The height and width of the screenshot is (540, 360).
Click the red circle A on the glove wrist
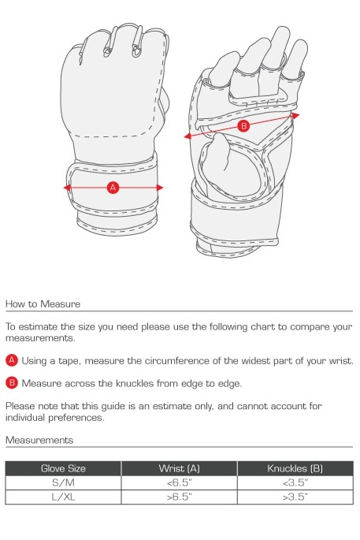(113, 187)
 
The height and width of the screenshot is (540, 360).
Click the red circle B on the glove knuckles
(243, 126)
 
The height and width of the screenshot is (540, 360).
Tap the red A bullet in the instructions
(12, 360)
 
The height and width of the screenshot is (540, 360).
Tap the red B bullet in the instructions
(12, 383)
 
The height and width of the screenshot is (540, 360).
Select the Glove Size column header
(63, 468)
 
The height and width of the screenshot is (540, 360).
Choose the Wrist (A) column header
(180, 468)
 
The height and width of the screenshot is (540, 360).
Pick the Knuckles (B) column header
(295, 468)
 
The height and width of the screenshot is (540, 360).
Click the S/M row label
(63, 482)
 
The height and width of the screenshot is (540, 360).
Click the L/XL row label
(63, 497)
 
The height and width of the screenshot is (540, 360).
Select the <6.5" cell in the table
(180, 482)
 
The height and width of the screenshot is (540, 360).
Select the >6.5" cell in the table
(180, 497)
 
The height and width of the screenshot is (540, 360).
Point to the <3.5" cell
(295, 482)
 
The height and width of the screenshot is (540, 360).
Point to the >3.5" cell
(295, 497)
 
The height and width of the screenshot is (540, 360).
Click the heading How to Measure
(43, 304)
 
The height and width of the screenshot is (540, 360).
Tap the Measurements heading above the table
(39, 440)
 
